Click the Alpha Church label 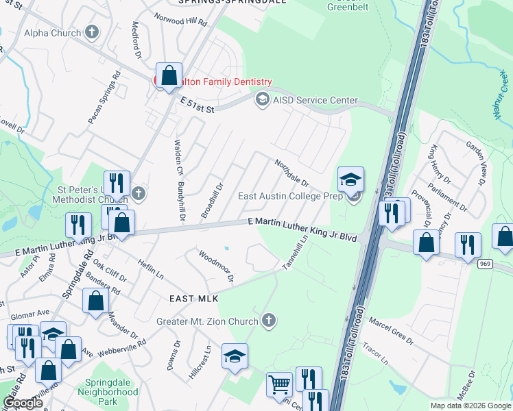coord(52,32)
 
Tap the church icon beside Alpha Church coord(91,32)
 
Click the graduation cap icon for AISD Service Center coord(261,100)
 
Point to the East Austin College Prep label coord(290,197)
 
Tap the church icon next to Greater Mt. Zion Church coord(270,321)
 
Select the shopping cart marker coord(279,385)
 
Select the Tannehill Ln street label coord(297,252)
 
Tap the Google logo coord(23,403)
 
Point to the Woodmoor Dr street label coord(217,266)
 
